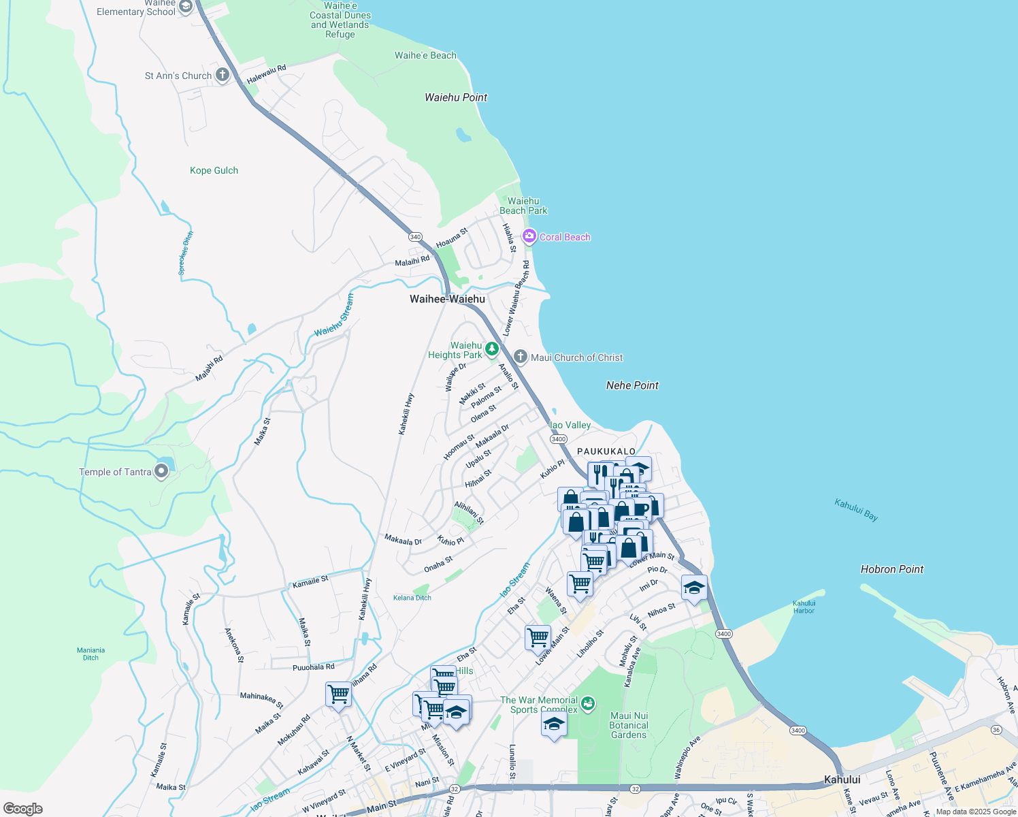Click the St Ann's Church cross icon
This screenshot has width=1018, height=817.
223,75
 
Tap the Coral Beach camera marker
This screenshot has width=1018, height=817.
529,236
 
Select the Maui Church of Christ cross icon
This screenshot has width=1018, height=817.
521,357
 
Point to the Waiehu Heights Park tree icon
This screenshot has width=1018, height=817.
491,349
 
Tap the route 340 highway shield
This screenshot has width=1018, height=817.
415,237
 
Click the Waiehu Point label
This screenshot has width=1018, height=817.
456,97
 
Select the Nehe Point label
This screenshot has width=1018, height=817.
632,385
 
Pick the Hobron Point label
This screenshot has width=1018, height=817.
891,569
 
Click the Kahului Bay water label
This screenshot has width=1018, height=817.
856,510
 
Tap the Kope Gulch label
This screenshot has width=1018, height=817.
214,170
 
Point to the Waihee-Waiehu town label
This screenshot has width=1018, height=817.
447,299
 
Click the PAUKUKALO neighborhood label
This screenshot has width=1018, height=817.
606,451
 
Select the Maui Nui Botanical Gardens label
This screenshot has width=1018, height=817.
629,725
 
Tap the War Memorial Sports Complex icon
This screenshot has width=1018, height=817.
588,703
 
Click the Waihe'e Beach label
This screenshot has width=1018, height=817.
425,55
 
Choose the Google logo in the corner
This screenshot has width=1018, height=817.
23,809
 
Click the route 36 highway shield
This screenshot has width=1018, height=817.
996,730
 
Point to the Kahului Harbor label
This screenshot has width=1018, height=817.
804,607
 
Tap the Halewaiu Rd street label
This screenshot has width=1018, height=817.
266,74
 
